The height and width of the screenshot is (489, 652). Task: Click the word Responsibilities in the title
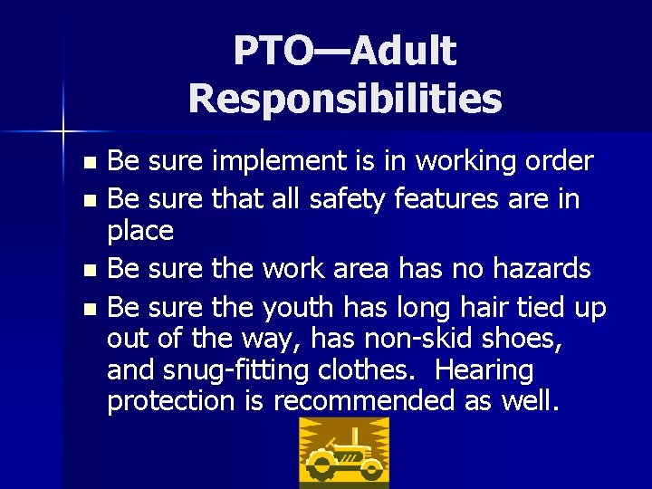345,99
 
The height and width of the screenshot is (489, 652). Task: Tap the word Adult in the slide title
403,52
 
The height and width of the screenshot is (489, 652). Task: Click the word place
139,232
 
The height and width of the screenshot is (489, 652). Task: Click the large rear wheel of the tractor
321,466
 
